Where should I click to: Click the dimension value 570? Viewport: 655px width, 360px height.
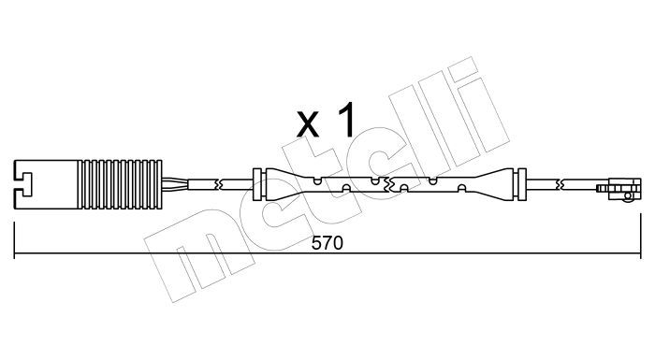pyautogui.click(x=327, y=242)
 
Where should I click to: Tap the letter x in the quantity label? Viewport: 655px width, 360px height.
pyautogui.click(x=308, y=125)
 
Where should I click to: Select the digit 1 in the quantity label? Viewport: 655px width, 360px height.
pyautogui.click(x=346, y=121)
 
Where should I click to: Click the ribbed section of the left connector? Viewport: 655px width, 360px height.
pyautogui.click(x=120, y=184)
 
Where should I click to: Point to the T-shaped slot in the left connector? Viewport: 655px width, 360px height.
pyautogui.click(x=23, y=184)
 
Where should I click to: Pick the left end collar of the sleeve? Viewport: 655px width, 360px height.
pyautogui.click(x=257, y=184)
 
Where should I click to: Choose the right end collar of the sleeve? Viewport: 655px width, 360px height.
pyautogui.click(x=522, y=184)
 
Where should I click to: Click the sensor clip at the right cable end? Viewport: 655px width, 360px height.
pyautogui.click(x=619, y=189)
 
